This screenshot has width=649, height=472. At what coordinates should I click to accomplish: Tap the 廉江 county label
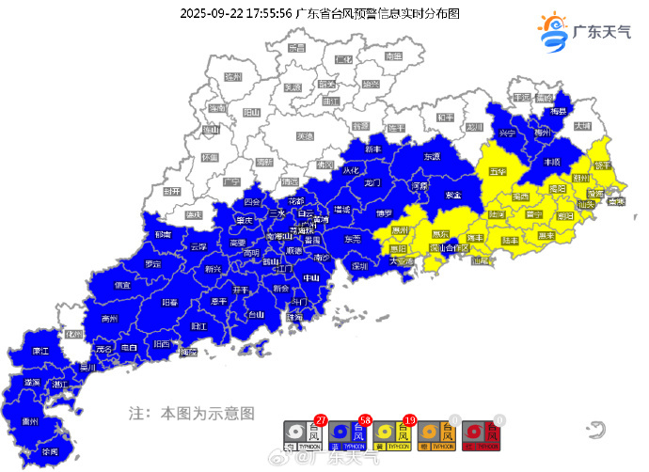click(x=40, y=351)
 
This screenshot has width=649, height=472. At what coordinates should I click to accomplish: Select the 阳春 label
click(x=170, y=303)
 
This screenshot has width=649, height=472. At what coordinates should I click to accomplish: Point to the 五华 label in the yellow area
click(x=498, y=172)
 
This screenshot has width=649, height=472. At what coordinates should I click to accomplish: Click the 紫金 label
click(x=453, y=195)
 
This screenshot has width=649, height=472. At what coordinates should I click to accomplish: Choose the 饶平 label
click(x=603, y=165)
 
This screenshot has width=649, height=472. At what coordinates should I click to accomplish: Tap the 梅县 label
click(x=560, y=111)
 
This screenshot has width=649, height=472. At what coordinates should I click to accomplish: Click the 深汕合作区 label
click(x=449, y=248)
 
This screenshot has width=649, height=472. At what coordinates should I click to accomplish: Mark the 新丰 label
click(x=373, y=149)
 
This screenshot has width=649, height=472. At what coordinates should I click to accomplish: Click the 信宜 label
click(x=122, y=285)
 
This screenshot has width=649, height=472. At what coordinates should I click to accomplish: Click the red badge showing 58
click(x=366, y=417)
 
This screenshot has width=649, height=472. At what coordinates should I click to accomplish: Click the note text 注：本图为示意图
click(x=191, y=412)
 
